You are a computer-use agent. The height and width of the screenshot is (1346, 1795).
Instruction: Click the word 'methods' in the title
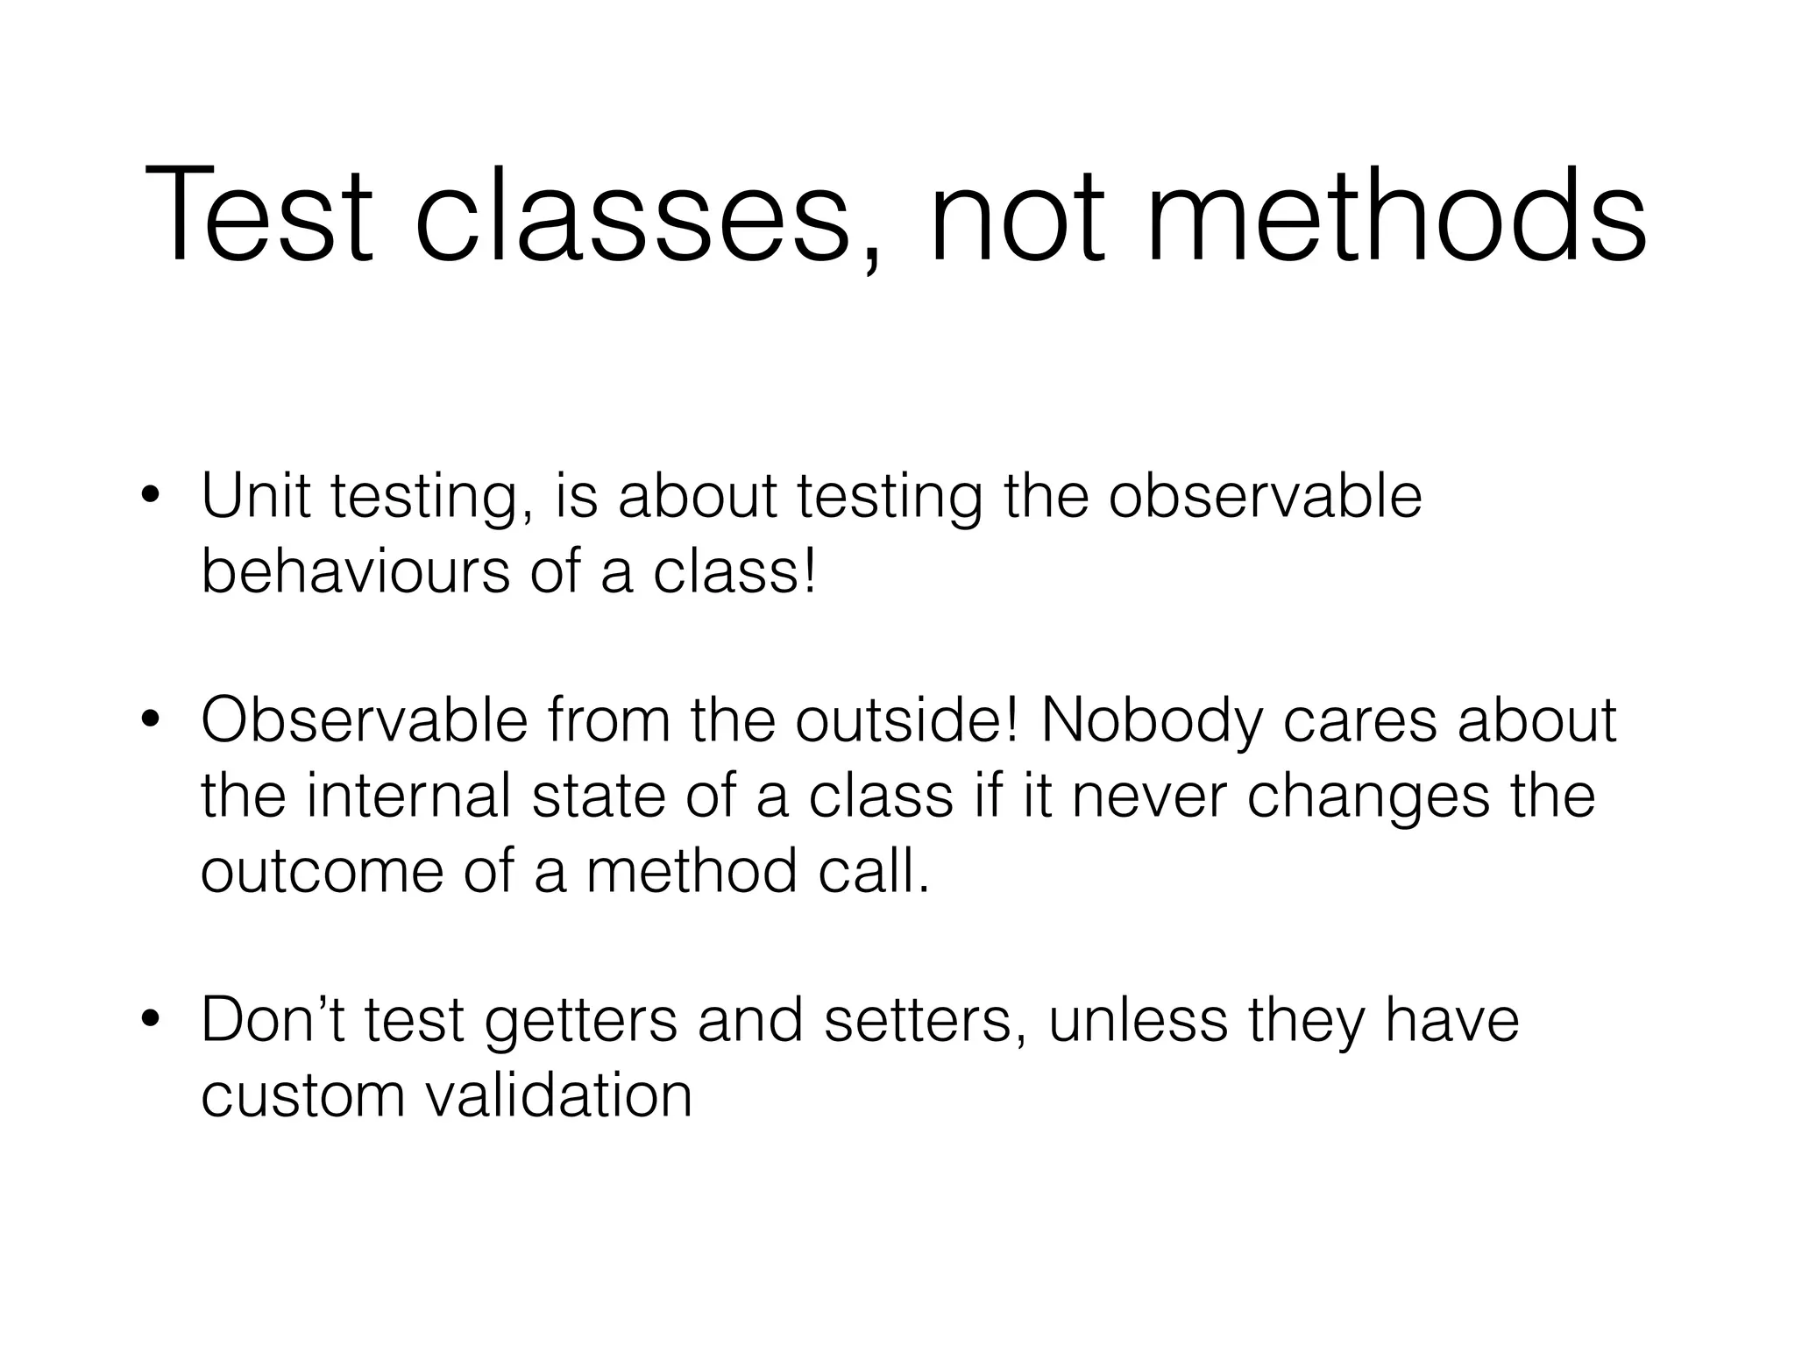coord(1395,216)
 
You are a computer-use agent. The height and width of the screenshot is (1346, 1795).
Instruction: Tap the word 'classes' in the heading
coord(632,216)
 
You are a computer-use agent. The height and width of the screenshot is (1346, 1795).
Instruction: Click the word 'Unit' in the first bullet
coord(255,496)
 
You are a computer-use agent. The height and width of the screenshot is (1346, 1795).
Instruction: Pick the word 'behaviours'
coord(355,571)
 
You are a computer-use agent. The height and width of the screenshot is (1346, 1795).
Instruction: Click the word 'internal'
coord(408,796)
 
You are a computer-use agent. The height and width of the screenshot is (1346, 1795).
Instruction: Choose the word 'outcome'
coord(322,871)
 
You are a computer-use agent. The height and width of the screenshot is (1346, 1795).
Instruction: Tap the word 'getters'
coord(581,1021)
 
